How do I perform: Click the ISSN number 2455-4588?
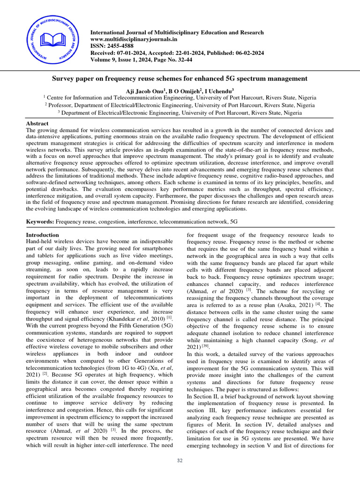point(119,46)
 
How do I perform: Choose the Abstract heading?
point(37,123)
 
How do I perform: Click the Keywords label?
point(40,221)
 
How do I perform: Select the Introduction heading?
point(42,235)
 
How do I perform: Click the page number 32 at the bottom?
point(180,461)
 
